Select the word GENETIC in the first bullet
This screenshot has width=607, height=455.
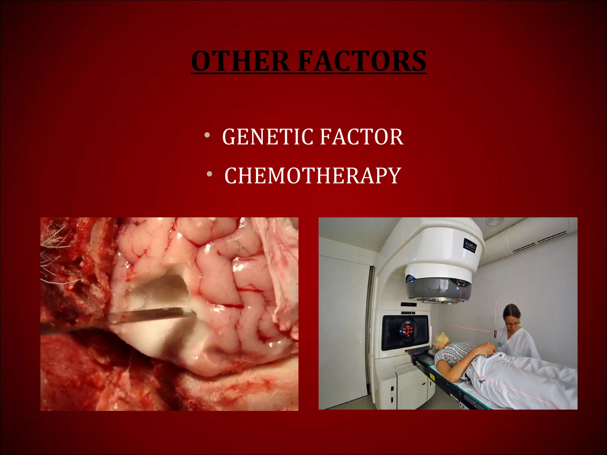(x=267, y=137)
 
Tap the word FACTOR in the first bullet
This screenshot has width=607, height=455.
(x=362, y=137)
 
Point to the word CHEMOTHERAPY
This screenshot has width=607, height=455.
(x=313, y=176)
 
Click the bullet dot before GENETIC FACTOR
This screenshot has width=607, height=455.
(x=207, y=136)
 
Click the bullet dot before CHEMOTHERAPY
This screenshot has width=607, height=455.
(x=210, y=174)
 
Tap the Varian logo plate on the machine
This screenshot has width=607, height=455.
(x=470, y=246)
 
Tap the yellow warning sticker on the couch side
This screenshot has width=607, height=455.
(x=432, y=377)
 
